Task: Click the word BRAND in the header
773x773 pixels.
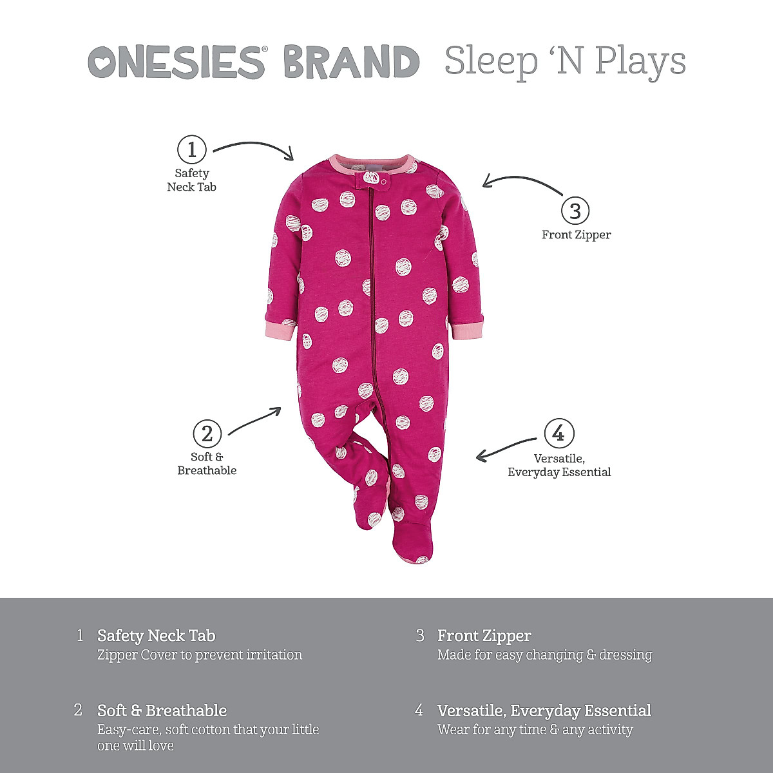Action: [351, 62]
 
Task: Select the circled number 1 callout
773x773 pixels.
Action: [191, 149]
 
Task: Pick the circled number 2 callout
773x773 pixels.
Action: [207, 434]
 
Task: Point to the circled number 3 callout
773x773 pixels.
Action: [575, 211]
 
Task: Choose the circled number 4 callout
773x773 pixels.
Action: [558, 434]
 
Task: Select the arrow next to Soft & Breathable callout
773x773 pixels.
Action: [255, 420]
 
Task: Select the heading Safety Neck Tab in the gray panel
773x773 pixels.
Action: [157, 636]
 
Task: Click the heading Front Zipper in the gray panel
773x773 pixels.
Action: [484, 636]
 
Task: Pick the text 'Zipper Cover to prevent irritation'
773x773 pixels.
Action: [200, 655]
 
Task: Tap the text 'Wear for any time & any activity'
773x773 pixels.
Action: [535, 730]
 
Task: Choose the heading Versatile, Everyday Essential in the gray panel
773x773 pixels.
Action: [544, 711]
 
